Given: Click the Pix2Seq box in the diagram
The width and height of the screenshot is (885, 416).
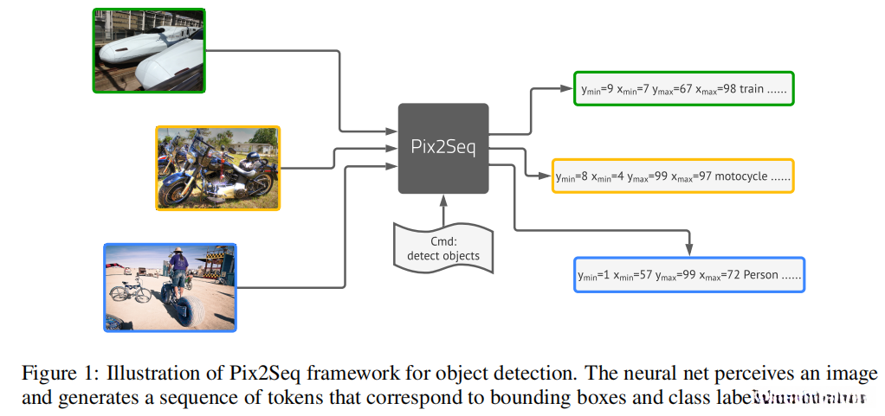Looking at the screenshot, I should (x=442, y=148).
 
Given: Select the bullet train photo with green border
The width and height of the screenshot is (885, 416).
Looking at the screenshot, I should (x=149, y=50).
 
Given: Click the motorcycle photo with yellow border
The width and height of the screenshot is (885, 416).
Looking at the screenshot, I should (x=218, y=167).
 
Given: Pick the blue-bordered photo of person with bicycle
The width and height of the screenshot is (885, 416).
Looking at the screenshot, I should (x=170, y=287).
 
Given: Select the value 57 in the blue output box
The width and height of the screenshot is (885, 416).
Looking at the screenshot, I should (x=645, y=275).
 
